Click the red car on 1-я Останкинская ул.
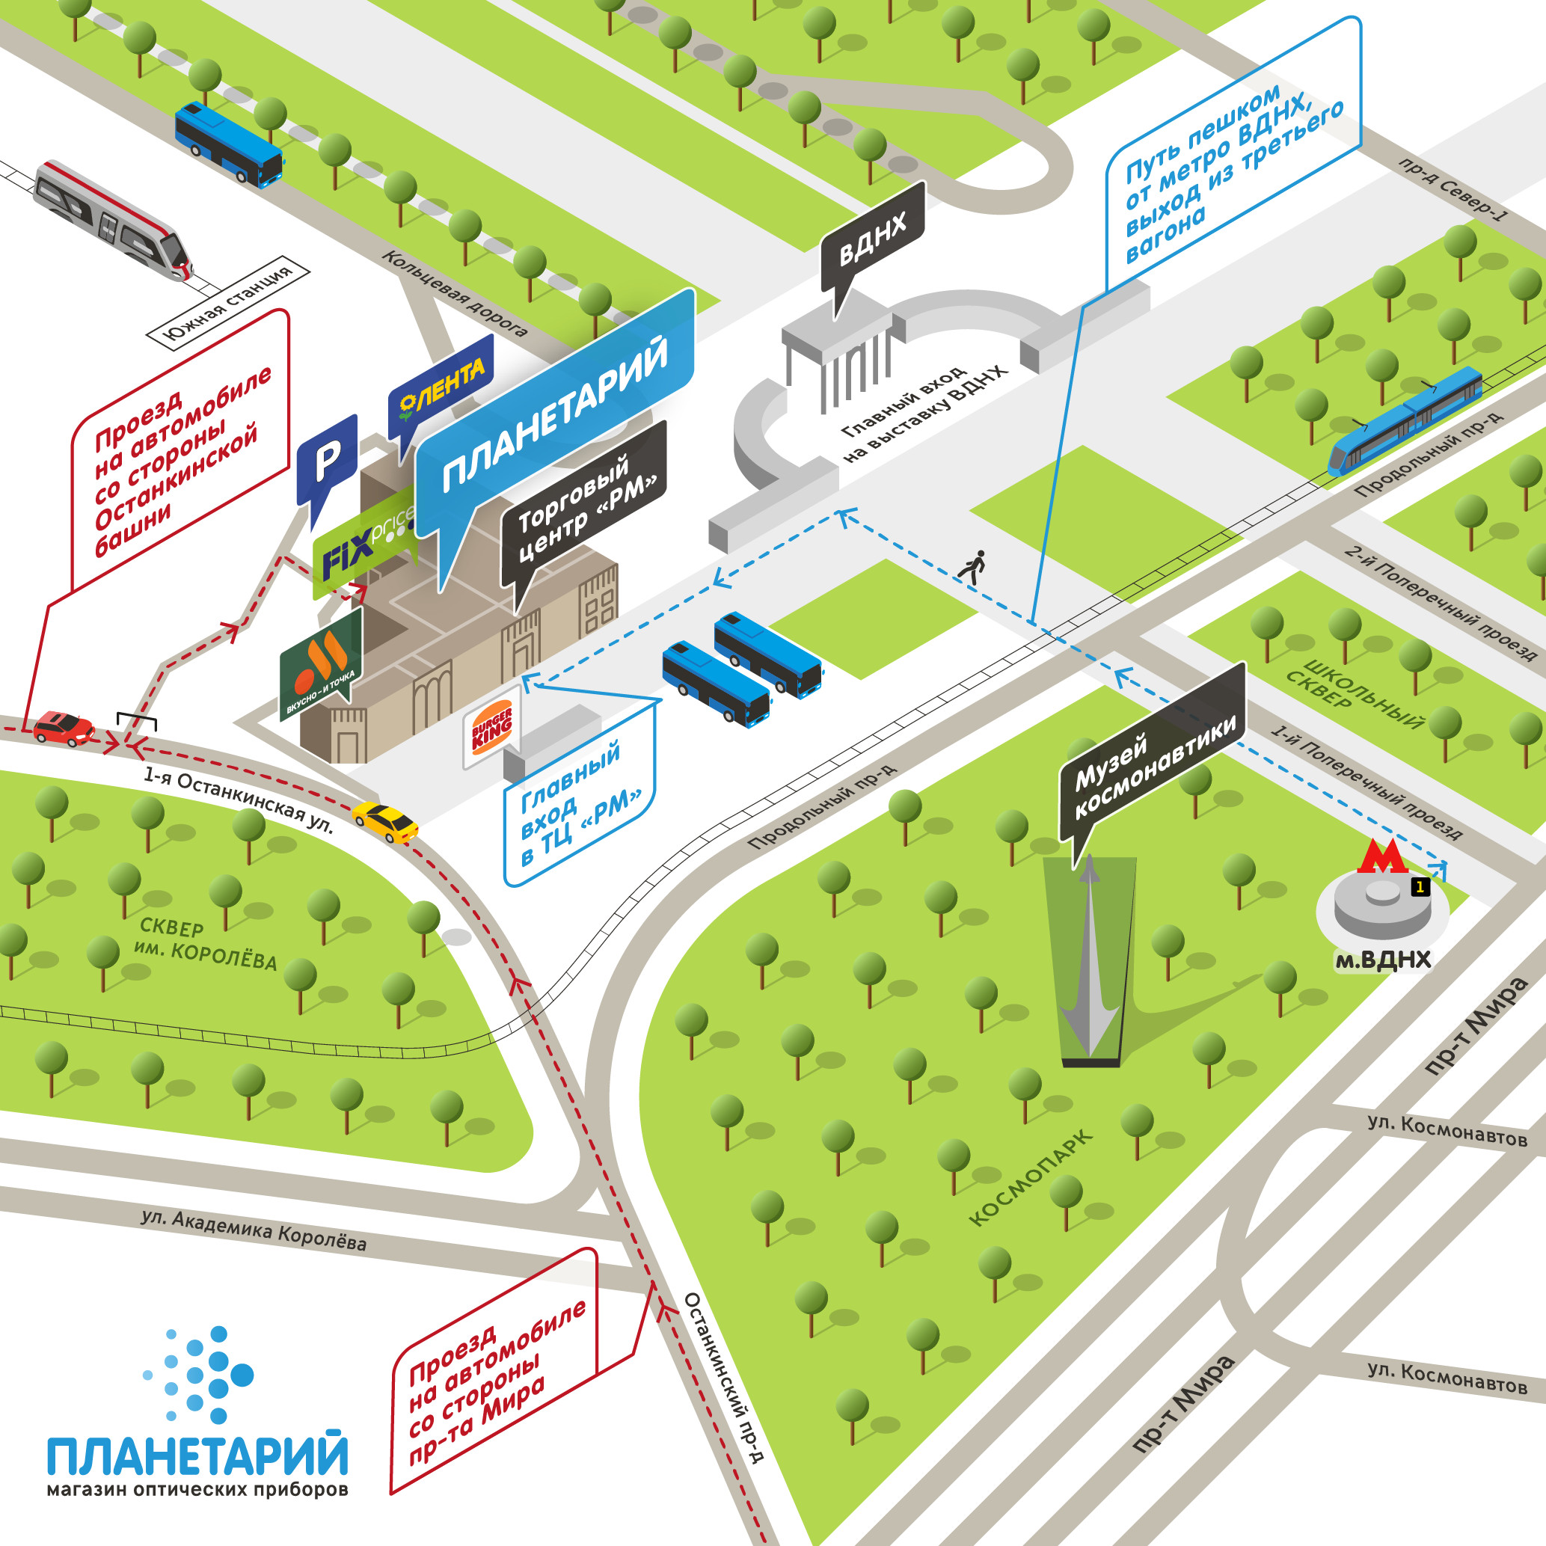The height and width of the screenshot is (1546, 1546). pyautogui.click(x=64, y=728)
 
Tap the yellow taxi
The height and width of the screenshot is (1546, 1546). pyautogui.click(x=386, y=822)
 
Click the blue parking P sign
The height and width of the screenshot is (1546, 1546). pyautogui.click(x=327, y=461)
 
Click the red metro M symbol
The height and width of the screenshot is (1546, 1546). pyautogui.click(x=1382, y=856)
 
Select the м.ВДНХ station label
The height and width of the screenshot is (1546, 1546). pyautogui.click(x=1383, y=960)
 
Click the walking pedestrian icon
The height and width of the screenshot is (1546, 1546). pyautogui.click(x=972, y=565)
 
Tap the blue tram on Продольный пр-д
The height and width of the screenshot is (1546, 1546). pyautogui.click(x=1405, y=420)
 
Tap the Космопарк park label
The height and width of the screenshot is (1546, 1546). pyautogui.click(x=1031, y=1177)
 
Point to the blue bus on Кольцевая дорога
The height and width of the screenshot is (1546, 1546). pyautogui.click(x=230, y=145)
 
